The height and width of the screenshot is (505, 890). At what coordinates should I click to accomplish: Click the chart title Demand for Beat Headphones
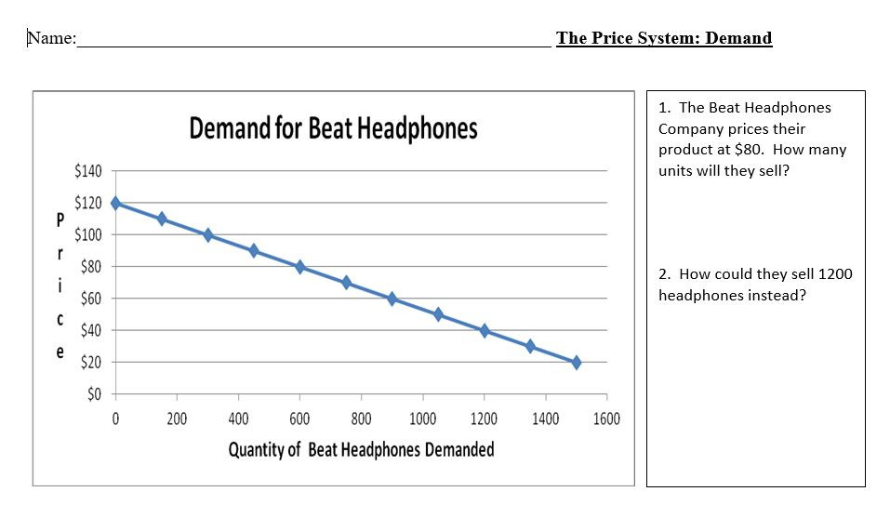pos(333,128)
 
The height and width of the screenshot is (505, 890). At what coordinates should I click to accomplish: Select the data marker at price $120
pos(115,203)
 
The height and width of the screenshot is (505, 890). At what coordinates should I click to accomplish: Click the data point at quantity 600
pos(299,267)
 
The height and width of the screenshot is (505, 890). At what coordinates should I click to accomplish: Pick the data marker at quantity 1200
pos(484,330)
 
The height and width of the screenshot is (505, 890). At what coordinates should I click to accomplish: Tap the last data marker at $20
pos(576,363)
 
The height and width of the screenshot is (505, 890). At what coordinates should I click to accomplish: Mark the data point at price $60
pos(392,299)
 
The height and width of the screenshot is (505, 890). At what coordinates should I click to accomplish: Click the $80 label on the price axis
pos(90,267)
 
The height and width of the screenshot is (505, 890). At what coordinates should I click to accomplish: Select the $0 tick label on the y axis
pos(93,394)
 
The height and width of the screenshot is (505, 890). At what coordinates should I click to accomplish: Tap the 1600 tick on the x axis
pos(606,419)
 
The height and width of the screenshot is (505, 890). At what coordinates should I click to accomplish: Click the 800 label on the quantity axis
pos(361,419)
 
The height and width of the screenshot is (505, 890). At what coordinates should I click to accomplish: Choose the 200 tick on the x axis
pos(176,419)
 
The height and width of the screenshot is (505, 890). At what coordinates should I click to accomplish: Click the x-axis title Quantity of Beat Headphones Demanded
pos(361,450)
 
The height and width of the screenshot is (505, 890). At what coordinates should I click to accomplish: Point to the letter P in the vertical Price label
pos(60,220)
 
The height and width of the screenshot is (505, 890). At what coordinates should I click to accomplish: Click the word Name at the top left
pos(50,38)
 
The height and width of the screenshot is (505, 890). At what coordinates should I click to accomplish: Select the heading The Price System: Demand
pos(664,38)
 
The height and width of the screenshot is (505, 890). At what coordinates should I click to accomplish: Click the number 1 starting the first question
pos(662,108)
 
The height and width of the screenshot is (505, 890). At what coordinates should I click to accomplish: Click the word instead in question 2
pos(771,296)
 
